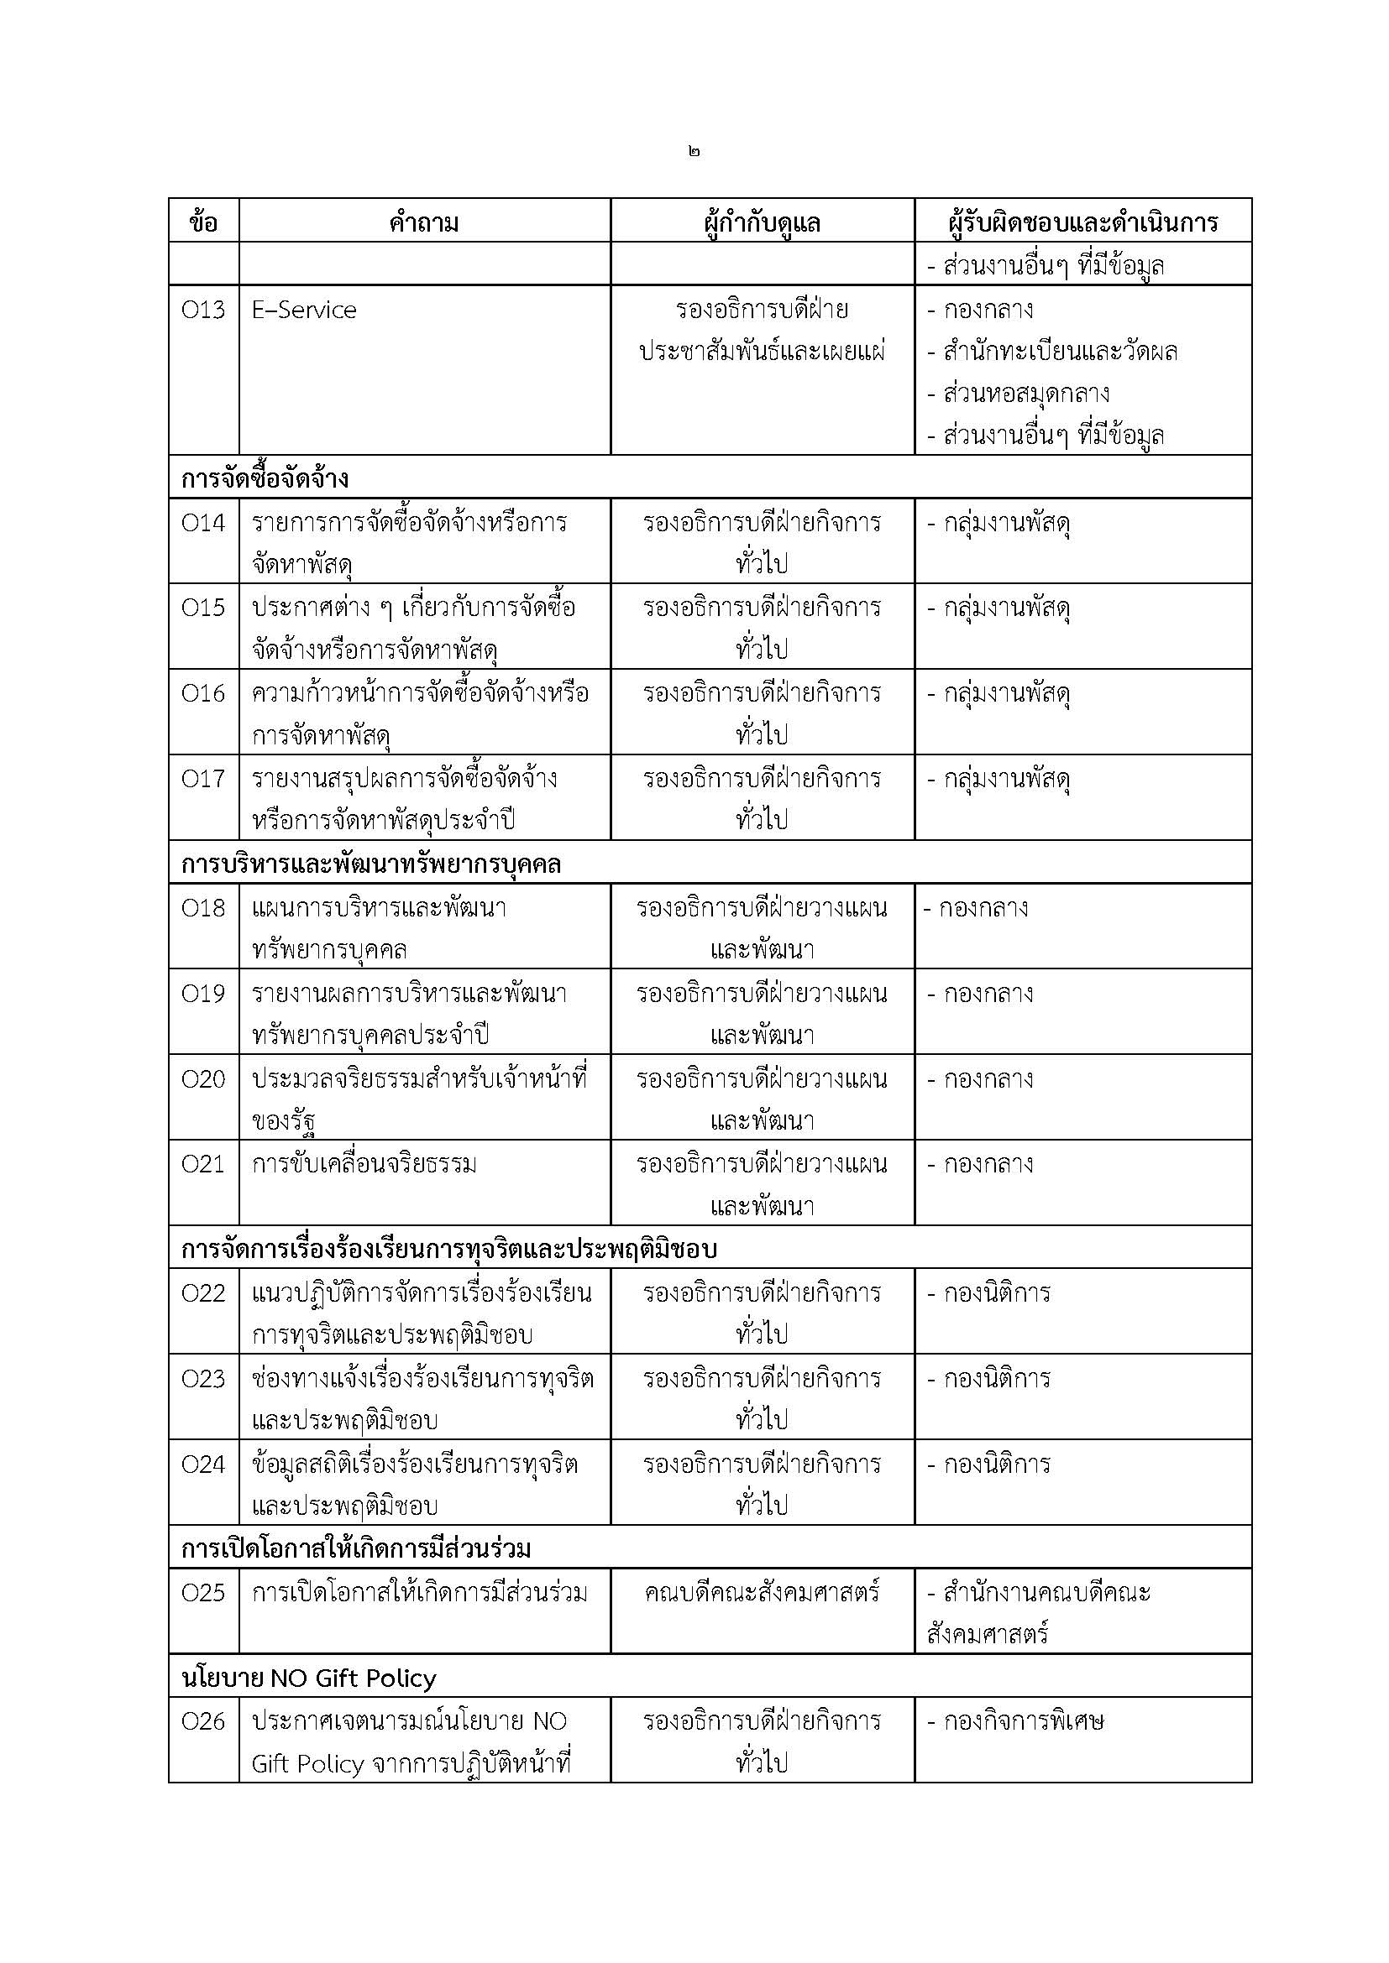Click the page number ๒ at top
[x=693, y=151]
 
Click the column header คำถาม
[x=424, y=223]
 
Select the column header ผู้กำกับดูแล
[x=761, y=223]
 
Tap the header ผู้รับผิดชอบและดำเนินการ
[x=1082, y=223]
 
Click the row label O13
[x=202, y=310]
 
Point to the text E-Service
[x=304, y=310]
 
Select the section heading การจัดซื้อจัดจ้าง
[x=265, y=478]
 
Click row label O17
[x=202, y=779]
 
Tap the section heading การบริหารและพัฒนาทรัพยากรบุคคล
[x=370, y=864]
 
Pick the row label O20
[x=202, y=1079]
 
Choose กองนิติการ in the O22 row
[x=997, y=1292]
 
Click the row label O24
[x=202, y=1464]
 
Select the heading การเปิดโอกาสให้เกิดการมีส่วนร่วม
[x=357, y=1549]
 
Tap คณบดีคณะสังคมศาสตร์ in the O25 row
[x=761, y=1593]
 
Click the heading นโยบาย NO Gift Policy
[x=309, y=1678]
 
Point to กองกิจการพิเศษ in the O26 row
[x=1023, y=1721]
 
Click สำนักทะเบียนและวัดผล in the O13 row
[x=1060, y=352]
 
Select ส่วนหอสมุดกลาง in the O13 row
[x=1025, y=394]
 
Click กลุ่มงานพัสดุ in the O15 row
[x=1007, y=608]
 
